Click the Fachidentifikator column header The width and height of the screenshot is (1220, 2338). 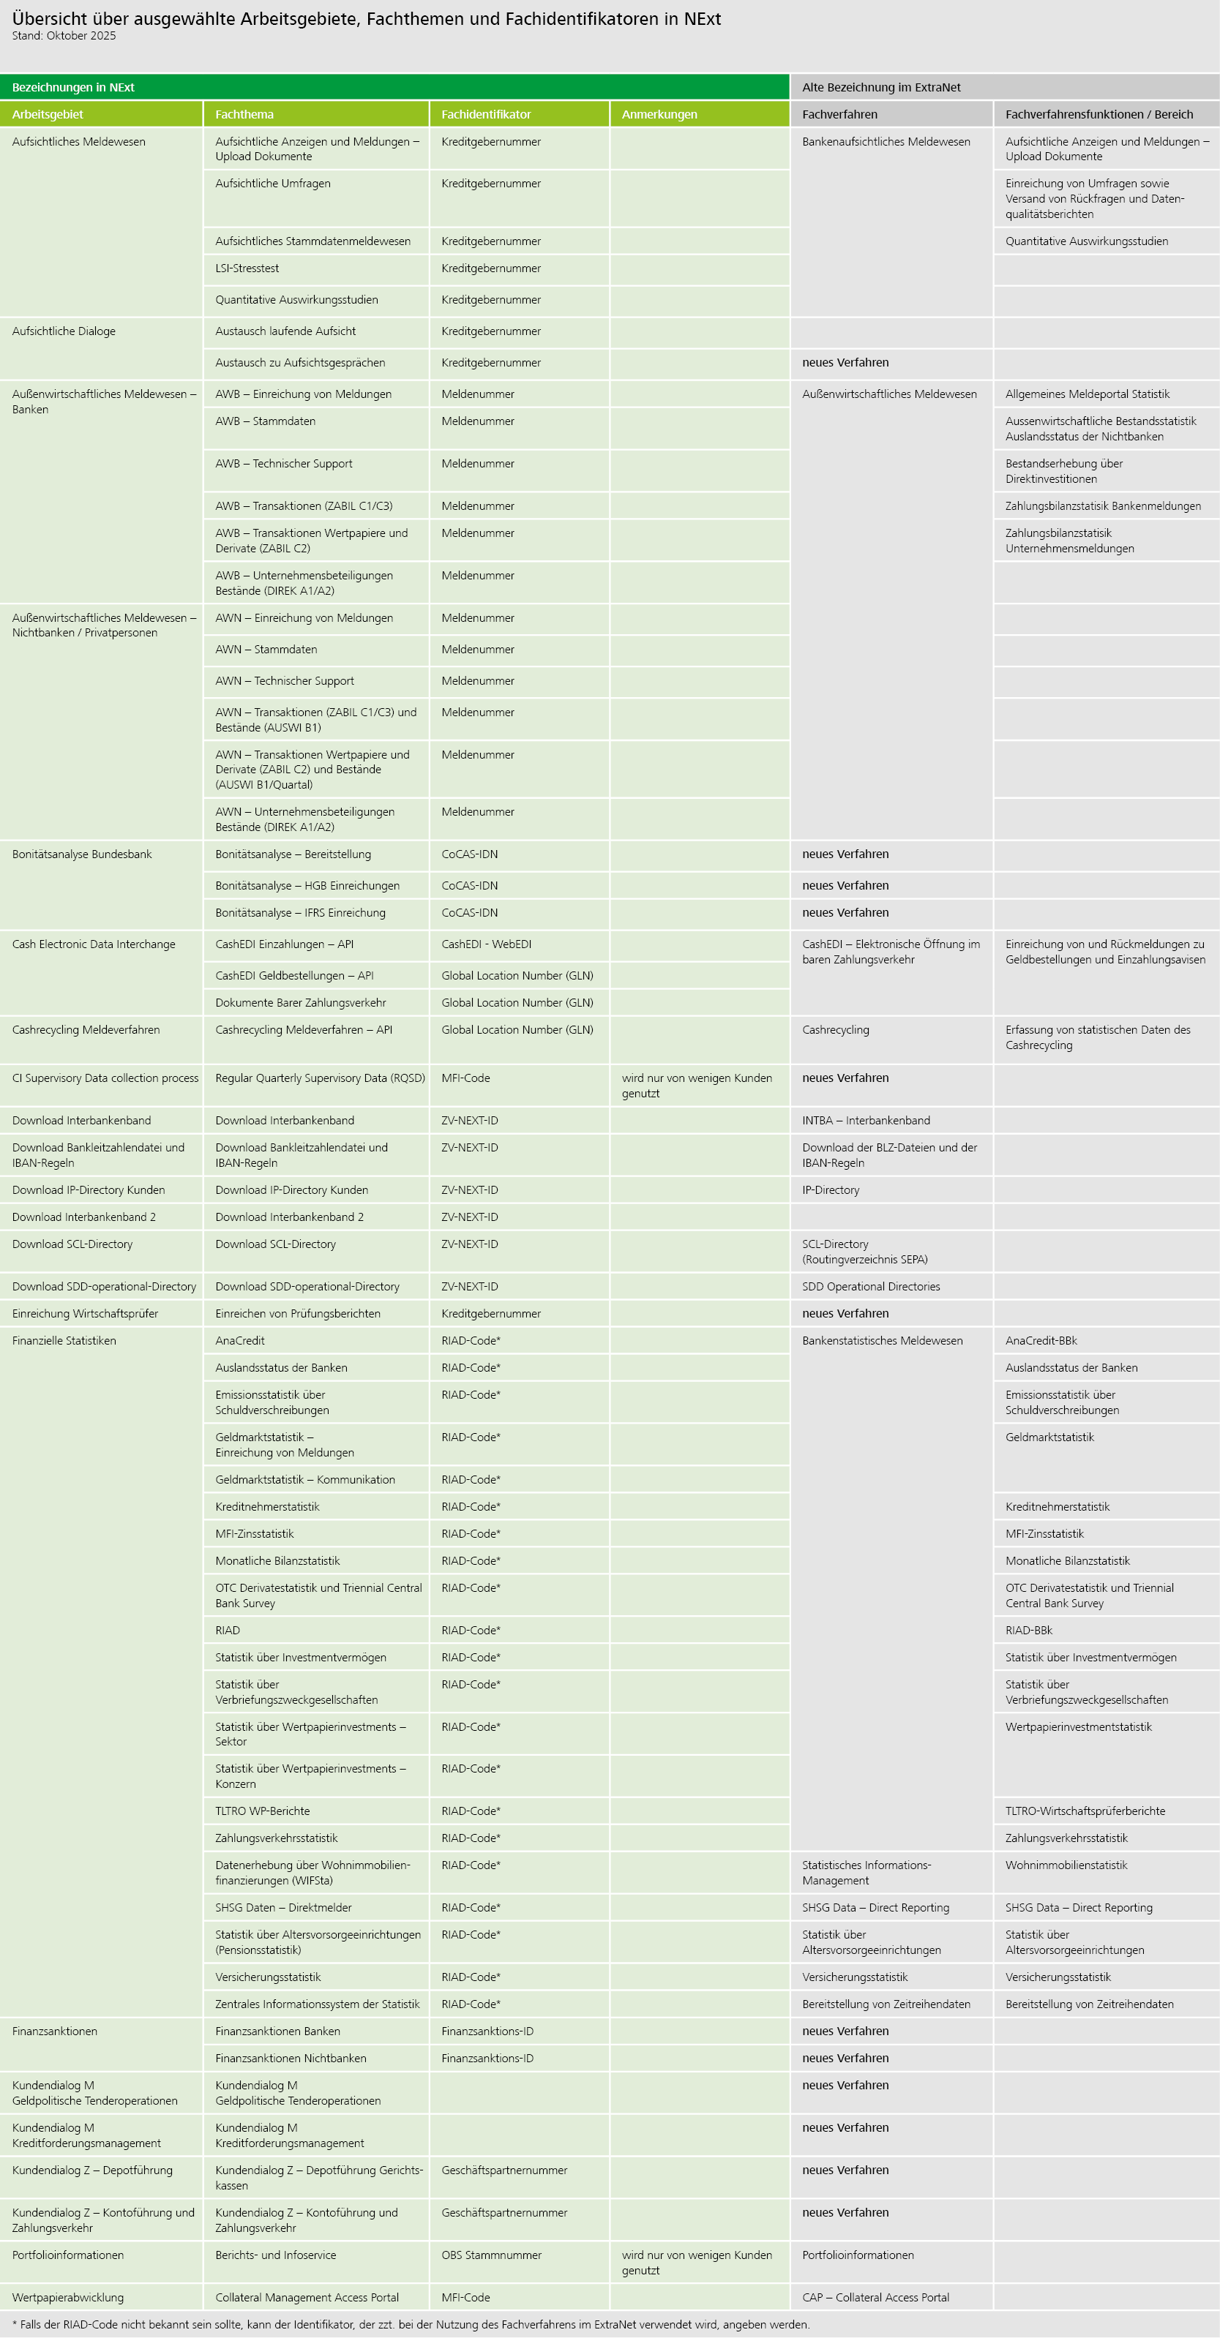tap(486, 114)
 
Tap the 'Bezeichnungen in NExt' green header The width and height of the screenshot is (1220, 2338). tap(72, 87)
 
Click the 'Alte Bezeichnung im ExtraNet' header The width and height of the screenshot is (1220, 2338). tap(880, 87)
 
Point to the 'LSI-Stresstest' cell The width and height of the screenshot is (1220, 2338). tap(247, 268)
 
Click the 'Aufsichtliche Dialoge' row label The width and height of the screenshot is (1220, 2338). tap(64, 331)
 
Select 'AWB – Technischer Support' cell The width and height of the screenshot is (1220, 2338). tap(283, 464)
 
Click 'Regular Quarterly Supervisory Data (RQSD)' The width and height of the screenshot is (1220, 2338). tap(320, 1078)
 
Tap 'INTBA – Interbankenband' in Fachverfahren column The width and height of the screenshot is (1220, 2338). tap(865, 1121)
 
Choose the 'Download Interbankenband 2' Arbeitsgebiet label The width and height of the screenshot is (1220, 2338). tap(83, 1217)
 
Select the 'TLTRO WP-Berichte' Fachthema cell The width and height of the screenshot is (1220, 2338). tap(262, 1811)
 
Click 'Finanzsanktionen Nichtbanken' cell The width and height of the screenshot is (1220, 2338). tap(291, 2059)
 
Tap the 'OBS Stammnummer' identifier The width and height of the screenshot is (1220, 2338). tap(491, 2255)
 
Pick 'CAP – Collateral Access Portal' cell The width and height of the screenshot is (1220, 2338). tap(875, 2297)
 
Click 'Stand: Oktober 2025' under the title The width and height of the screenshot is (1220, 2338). tap(64, 37)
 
